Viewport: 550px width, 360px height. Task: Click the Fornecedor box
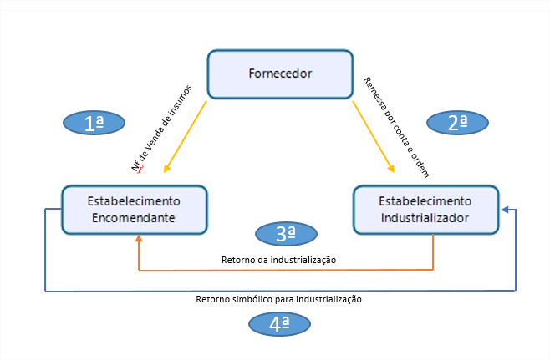click(280, 74)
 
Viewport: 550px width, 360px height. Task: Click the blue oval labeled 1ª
click(94, 124)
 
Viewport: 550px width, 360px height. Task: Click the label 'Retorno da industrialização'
click(279, 260)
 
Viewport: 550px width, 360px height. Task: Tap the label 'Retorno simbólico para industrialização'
click(278, 298)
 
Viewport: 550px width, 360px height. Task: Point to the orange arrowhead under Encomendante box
click(139, 239)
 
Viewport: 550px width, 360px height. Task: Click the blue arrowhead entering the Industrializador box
click(507, 210)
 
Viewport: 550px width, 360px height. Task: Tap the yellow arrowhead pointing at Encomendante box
click(167, 169)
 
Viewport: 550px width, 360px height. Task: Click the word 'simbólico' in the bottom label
click(249, 298)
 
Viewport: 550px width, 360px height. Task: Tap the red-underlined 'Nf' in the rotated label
click(138, 166)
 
